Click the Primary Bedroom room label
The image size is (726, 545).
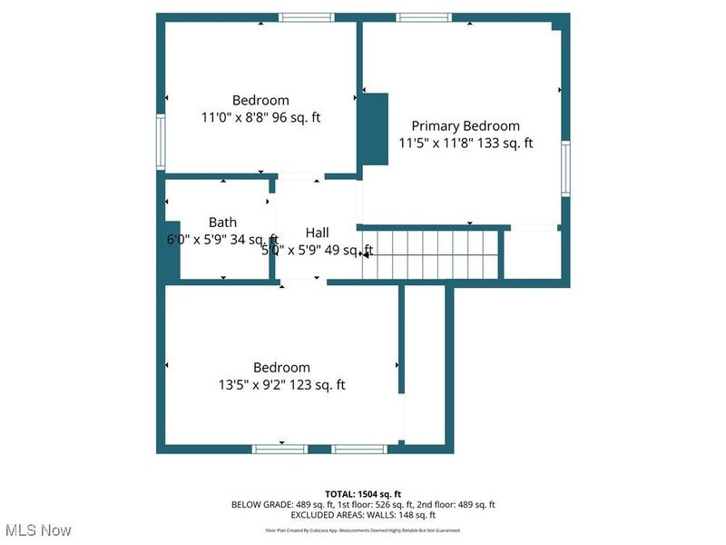click(466, 126)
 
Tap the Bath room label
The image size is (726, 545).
click(222, 223)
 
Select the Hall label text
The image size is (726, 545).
click(317, 233)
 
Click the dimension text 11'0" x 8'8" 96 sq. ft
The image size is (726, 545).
click(260, 117)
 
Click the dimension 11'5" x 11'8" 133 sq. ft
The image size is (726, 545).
click(466, 143)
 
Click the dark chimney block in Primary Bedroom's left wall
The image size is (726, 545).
click(373, 129)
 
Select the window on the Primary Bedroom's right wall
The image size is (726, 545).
click(564, 168)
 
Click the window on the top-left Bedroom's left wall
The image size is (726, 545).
click(161, 141)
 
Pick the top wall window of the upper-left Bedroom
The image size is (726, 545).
click(306, 17)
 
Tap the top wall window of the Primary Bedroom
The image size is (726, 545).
click(424, 17)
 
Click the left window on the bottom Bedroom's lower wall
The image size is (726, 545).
click(280, 448)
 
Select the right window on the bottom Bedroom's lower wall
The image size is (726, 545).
click(359, 448)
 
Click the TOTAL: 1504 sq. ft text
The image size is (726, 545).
click(363, 493)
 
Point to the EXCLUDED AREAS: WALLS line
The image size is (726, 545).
click(363, 514)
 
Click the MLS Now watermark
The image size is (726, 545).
click(38, 530)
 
